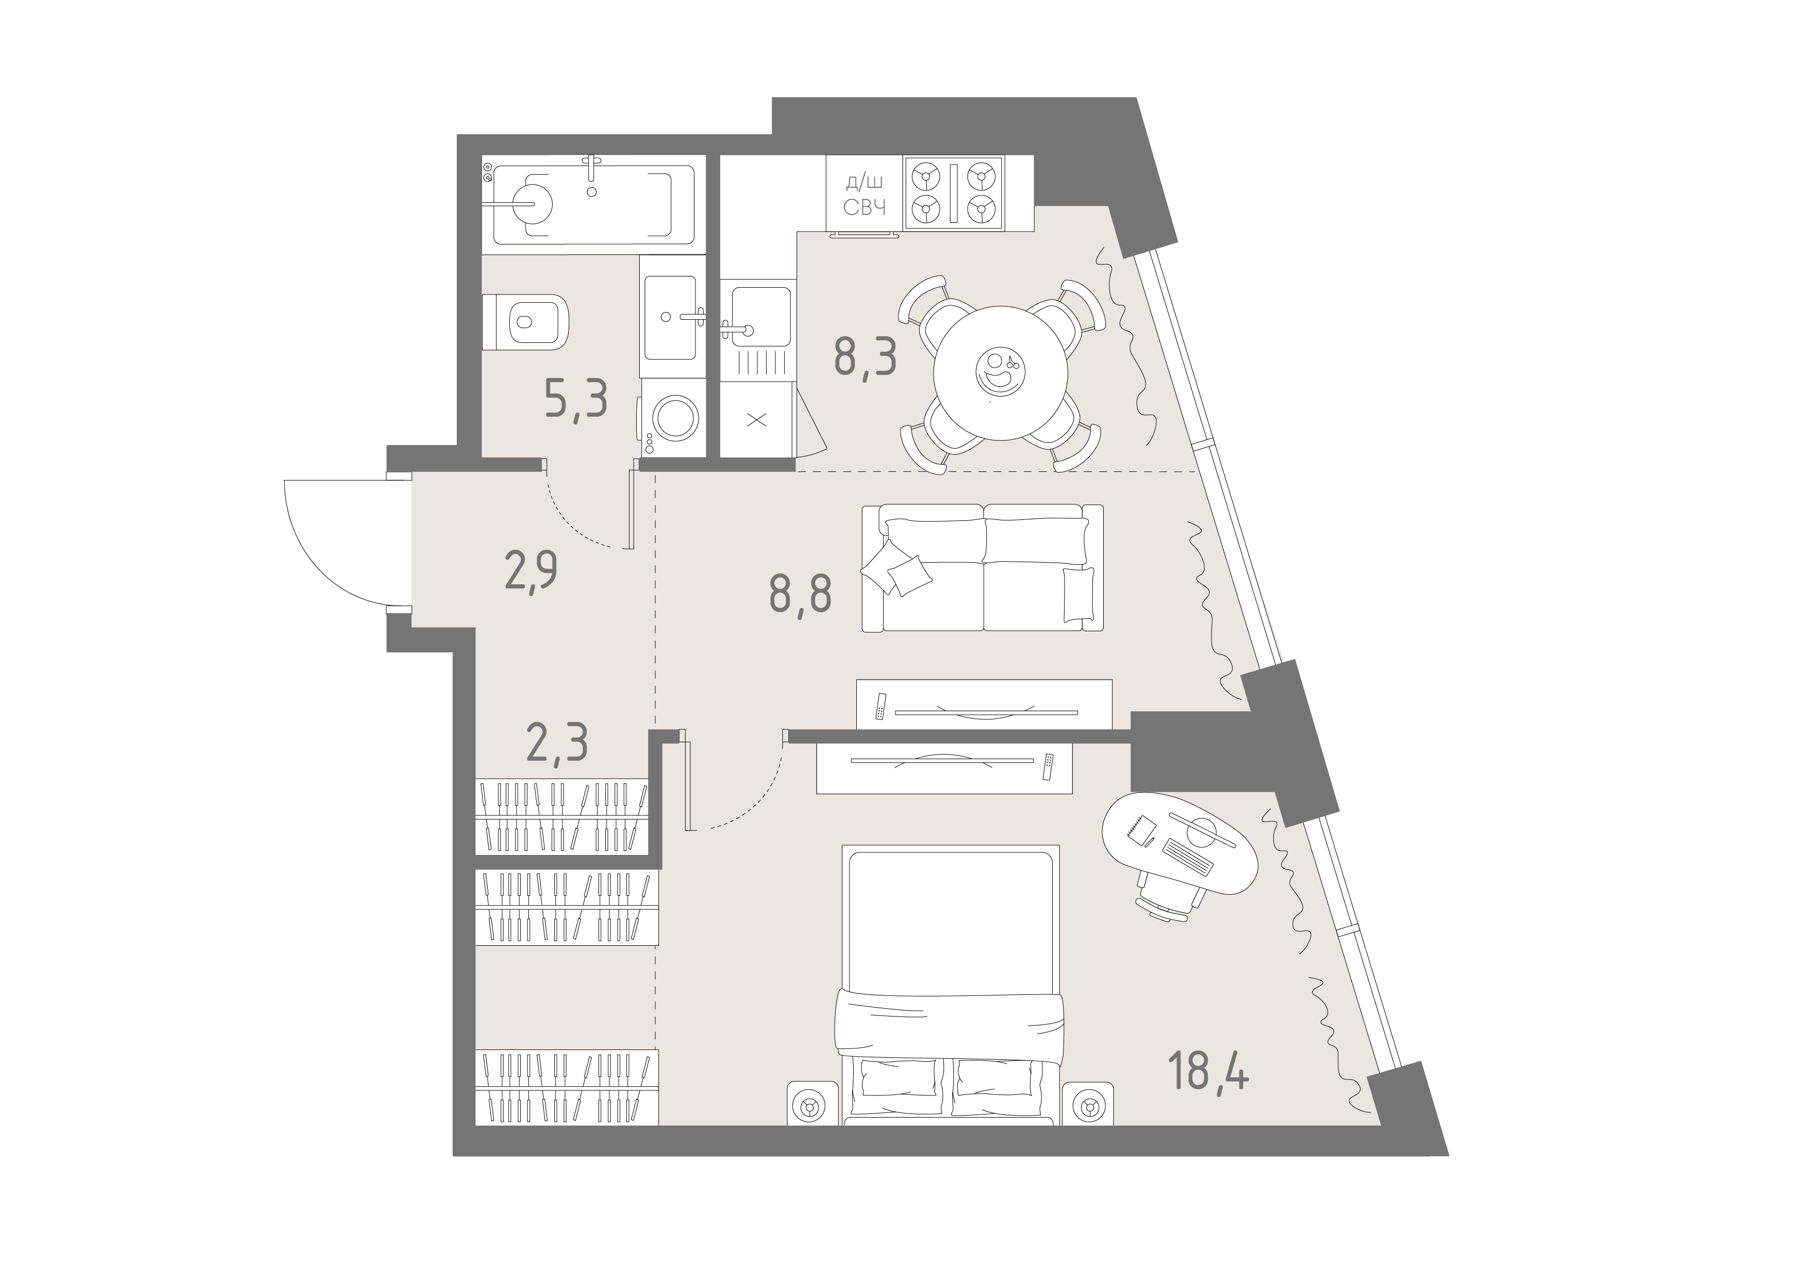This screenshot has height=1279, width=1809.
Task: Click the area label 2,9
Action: coord(531,570)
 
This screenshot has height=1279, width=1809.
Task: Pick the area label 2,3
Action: coord(557,744)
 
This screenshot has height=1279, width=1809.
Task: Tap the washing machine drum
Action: coord(675,418)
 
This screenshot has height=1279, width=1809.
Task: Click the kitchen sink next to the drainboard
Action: coord(760,316)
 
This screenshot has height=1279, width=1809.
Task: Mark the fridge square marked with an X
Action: coord(756,420)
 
